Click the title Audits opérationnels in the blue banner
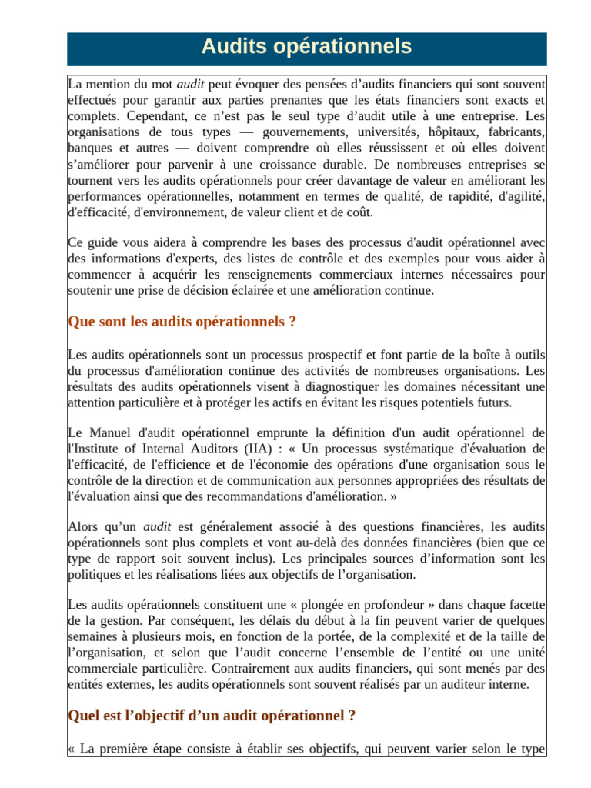tap(306, 47)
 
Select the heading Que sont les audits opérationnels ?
tap(182, 322)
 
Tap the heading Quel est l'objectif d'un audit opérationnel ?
tap(212, 716)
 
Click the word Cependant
tap(154, 115)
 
